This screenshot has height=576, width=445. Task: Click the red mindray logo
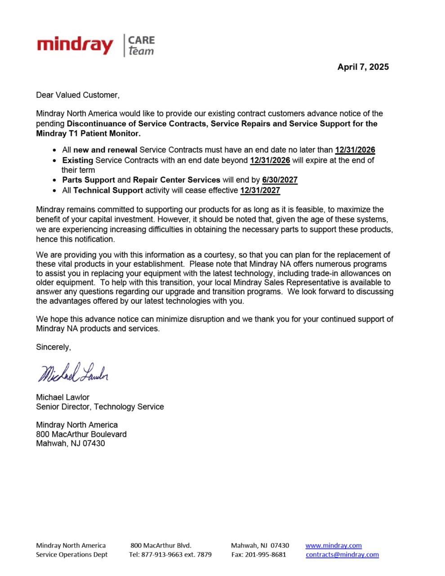(x=75, y=45)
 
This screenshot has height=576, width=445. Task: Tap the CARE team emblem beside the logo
(x=141, y=45)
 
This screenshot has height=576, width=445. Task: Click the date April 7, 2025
(x=363, y=67)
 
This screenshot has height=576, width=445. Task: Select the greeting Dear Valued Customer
(x=78, y=95)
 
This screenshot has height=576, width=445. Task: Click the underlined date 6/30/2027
(x=280, y=180)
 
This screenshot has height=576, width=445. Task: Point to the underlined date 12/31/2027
(x=260, y=190)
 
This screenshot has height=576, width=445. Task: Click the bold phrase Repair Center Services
(x=177, y=180)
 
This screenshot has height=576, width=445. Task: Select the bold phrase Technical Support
(x=108, y=190)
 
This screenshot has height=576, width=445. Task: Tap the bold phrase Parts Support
(x=89, y=180)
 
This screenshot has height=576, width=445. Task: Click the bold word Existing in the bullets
(x=78, y=160)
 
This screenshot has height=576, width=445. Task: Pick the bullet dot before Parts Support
(x=55, y=180)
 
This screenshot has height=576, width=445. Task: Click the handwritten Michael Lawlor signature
(x=73, y=373)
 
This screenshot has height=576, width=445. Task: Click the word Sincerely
(x=53, y=347)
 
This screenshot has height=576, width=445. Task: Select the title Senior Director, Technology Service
(x=100, y=407)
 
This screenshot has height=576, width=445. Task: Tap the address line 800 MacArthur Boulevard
(x=81, y=434)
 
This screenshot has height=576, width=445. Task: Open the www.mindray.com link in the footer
(x=334, y=545)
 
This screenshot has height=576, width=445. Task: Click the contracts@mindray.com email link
(x=342, y=554)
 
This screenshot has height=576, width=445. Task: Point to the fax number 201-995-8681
(x=265, y=554)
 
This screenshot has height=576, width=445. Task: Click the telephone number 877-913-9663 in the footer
(x=162, y=554)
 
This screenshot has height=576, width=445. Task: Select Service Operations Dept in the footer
(x=72, y=554)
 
